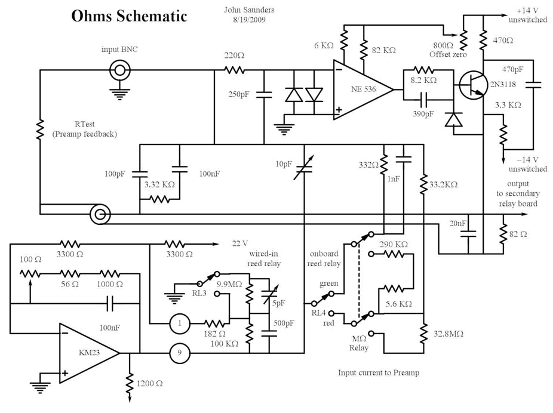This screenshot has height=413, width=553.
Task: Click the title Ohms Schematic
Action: (x=129, y=16)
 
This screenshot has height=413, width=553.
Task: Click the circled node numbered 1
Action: (x=178, y=323)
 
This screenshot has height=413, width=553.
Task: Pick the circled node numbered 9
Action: (x=178, y=353)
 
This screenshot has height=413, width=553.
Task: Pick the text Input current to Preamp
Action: (x=379, y=373)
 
